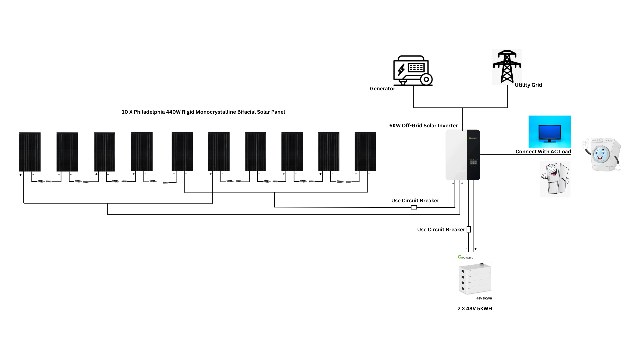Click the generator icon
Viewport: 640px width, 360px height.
point(412,71)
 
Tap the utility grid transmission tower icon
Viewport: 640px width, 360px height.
point(507,67)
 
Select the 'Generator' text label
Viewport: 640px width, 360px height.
point(382,89)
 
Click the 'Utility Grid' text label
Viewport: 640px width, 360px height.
point(528,85)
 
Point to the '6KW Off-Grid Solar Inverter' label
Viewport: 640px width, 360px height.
point(423,126)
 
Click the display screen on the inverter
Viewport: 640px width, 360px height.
point(473,163)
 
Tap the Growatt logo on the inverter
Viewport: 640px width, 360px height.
point(473,138)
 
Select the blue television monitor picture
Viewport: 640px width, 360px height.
point(549,131)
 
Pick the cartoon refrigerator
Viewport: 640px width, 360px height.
point(555,179)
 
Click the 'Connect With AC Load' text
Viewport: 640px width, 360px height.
point(543,152)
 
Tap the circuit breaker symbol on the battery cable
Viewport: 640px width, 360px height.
point(469,229)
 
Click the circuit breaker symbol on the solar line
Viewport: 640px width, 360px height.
point(414,207)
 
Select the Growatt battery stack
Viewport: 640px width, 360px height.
point(475,279)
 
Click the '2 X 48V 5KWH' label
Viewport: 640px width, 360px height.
point(475,309)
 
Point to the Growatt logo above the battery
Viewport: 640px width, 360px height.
point(465,257)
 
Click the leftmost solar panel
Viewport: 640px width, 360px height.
point(30,152)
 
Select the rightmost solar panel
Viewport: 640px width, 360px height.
point(365,152)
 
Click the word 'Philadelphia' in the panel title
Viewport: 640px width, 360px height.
point(149,112)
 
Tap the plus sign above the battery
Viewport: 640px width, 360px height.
point(476,249)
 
